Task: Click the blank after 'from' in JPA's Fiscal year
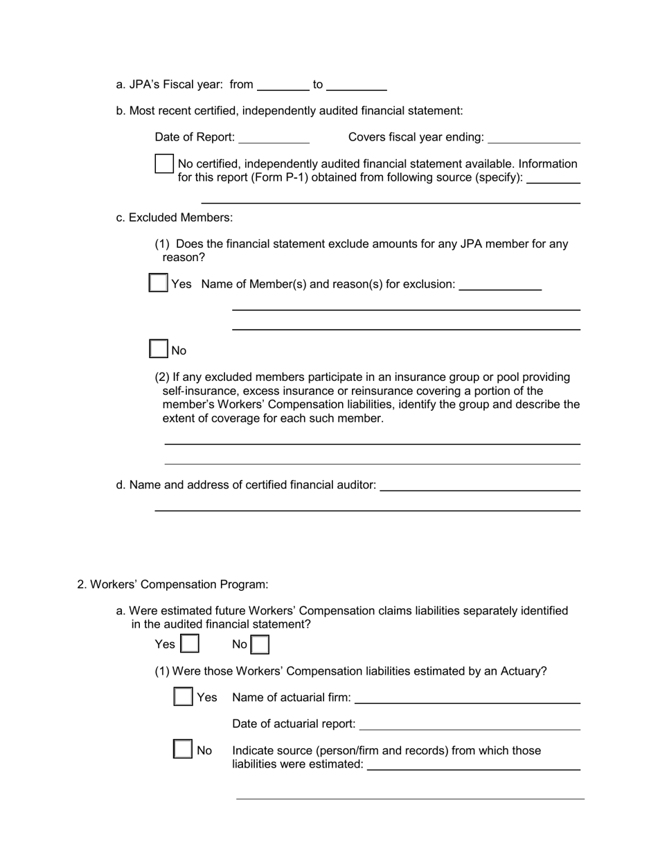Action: point(283,85)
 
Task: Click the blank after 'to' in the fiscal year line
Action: point(356,85)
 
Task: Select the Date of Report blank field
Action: point(274,138)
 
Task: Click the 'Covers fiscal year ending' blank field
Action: point(533,138)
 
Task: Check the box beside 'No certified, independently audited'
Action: point(164,164)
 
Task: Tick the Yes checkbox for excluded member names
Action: point(159,283)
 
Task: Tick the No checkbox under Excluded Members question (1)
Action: point(159,349)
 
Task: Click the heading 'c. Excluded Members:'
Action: point(175,218)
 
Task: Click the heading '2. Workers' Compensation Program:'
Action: point(172,585)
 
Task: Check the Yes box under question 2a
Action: point(190,644)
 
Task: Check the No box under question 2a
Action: point(260,645)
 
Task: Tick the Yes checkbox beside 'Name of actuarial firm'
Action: point(183,696)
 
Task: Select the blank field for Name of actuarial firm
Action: point(468,698)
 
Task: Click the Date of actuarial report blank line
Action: point(470,724)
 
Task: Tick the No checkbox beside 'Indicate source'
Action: point(183,749)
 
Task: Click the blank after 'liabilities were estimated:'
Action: point(473,764)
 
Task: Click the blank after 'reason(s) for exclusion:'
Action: point(500,285)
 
